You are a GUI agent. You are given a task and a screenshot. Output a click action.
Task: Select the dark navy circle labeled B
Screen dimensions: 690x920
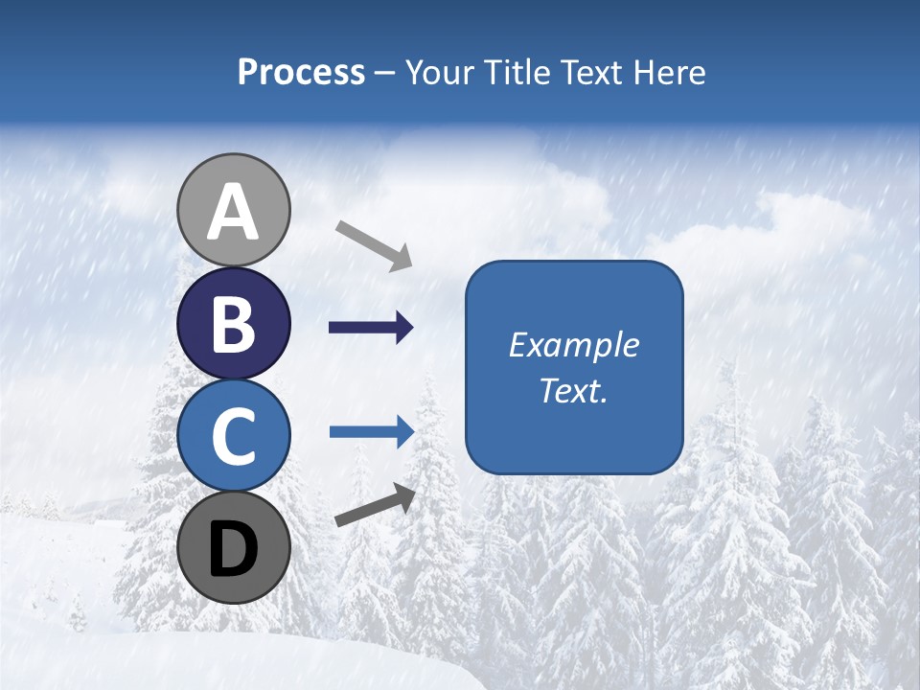[234, 323]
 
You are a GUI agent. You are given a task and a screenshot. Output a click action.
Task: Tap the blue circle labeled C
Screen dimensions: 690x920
[234, 435]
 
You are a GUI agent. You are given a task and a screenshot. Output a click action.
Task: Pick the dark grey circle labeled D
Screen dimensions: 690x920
[234, 547]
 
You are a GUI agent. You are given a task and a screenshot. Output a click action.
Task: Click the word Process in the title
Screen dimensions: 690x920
[301, 72]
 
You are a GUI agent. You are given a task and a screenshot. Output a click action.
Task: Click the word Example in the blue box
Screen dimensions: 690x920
[573, 345]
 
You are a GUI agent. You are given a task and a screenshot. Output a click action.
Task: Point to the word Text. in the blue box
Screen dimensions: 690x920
[573, 390]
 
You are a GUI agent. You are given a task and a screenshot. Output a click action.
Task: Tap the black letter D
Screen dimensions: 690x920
[234, 549]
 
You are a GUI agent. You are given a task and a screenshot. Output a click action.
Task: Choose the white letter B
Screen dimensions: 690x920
[234, 324]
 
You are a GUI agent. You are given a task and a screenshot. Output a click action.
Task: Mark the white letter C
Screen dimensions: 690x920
[234, 436]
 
